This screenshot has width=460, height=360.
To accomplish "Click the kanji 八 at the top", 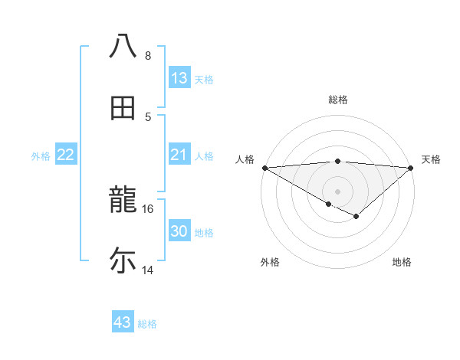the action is pos(123,45).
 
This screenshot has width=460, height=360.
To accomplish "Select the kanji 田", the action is pos(123,108).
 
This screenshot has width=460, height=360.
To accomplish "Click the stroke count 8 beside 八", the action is pos(148,56).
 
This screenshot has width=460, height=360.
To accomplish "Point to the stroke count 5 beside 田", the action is pos(148,116).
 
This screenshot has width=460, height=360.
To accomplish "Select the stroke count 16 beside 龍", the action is pos(148,208).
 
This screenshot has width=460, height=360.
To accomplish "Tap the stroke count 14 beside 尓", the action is pos(148,270).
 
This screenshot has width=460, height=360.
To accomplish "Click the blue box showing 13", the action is pos(179,77).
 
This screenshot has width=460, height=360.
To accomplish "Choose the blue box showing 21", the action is pos(179,155).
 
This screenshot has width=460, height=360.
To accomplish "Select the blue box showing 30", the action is pos(179,231).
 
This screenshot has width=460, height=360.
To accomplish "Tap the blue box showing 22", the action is pos(66,155).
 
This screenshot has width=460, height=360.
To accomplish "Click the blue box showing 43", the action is pos(123,322).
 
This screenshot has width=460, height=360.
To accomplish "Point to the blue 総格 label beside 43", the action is pos(147,324).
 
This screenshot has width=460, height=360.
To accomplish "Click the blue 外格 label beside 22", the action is pos(41,156).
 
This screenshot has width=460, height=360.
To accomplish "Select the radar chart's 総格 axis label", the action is pos(338,100).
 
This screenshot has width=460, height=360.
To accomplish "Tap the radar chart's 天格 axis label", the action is pos(432,159).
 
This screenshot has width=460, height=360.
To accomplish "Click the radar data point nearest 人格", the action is pos(264,168).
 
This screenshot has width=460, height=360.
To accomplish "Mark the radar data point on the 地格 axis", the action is pos(356,217).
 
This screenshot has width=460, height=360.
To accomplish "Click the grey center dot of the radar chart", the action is pos(338,191).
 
